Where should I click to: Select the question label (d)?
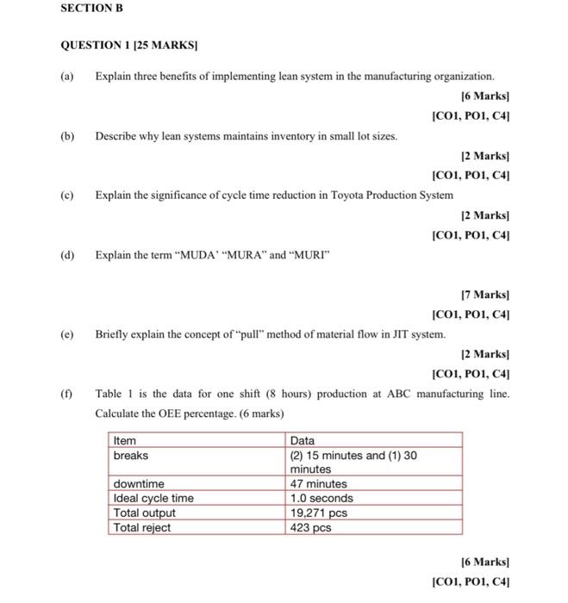[67, 255]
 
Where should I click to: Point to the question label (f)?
[66, 394]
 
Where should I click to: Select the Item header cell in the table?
[126, 440]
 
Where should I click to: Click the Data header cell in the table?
[303, 440]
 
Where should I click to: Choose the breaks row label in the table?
[131, 455]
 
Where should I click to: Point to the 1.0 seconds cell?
[321, 499]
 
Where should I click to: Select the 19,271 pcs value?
[319, 513]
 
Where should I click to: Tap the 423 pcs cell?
[310, 528]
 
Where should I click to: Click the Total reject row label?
[142, 528]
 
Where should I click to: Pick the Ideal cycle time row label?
[153, 499]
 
